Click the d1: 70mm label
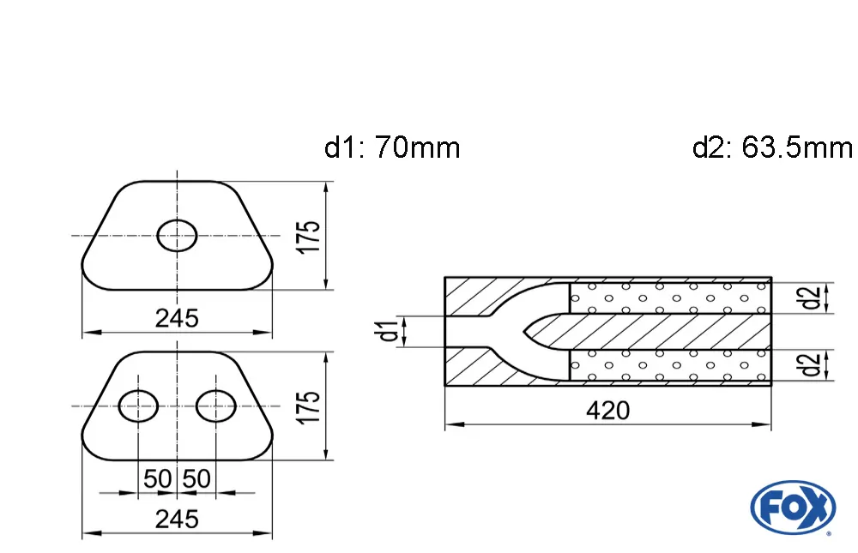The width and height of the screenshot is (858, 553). [x=392, y=148]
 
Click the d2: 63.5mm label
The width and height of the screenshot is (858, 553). [x=771, y=148]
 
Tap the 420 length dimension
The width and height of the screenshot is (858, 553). [x=607, y=411]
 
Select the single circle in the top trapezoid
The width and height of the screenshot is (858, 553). [x=178, y=235]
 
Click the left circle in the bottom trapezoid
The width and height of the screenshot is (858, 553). [x=137, y=406]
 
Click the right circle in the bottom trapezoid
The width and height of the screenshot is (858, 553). [x=216, y=406]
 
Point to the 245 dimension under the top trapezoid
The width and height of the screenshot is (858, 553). [x=177, y=318]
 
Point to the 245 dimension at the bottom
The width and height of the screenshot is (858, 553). [x=177, y=519]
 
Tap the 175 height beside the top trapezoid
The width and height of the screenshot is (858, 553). [x=311, y=236]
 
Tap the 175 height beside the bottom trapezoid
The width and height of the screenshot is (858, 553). [x=311, y=406]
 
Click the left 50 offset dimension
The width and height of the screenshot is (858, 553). [x=157, y=478]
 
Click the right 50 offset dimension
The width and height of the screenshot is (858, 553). [x=196, y=478]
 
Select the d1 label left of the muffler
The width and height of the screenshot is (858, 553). [x=390, y=331]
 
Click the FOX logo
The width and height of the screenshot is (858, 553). [x=792, y=506]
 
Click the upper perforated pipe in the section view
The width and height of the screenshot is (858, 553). [x=669, y=298]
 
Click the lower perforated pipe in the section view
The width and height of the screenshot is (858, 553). [x=669, y=365]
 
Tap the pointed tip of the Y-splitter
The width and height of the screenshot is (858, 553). [x=524, y=331]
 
